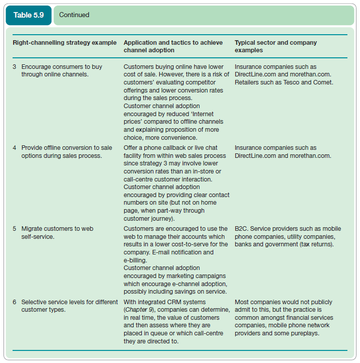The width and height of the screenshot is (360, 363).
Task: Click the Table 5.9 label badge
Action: tap(28, 15)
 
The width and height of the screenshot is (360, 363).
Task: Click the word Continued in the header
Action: tap(74, 15)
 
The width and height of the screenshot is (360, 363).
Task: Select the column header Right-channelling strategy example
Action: tap(64, 43)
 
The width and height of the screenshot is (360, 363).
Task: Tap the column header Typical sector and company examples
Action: tap(276, 46)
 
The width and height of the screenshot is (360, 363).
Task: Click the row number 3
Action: tap(15, 67)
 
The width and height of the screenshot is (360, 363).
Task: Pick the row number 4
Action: tap(15, 148)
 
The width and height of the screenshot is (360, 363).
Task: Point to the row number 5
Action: tap(15, 229)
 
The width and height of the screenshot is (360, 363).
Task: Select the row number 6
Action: tap(15, 302)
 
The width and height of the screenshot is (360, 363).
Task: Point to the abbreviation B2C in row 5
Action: tap(241, 229)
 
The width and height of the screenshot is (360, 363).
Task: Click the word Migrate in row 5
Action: tap(32, 229)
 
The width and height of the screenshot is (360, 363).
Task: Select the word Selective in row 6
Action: tap(34, 302)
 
